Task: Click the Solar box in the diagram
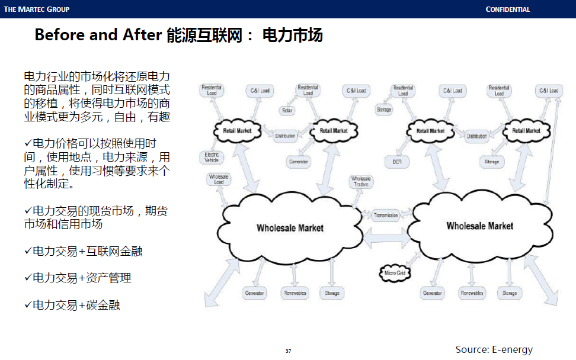[x=287, y=111]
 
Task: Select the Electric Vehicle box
[x=212, y=157]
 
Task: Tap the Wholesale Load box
[x=219, y=179]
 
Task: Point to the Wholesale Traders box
[x=361, y=181]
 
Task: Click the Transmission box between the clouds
[x=386, y=215]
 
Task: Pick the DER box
[x=398, y=162]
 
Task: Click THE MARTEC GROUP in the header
[x=37, y=9]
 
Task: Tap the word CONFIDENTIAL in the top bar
[x=508, y=9]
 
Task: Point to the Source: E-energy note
[x=494, y=349]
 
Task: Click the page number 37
[x=288, y=351]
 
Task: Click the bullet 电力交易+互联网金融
[x=87, y=251]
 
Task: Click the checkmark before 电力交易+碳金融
[x=27, y=304]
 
